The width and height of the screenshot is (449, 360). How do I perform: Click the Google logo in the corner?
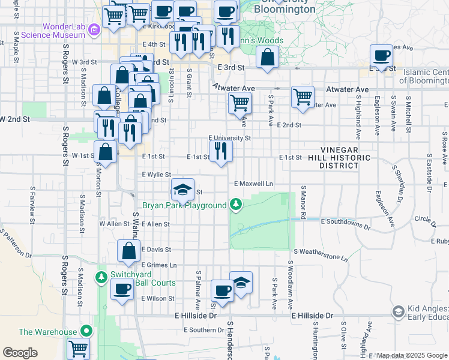point(20,353)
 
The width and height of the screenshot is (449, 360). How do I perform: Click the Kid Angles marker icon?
point(397,311)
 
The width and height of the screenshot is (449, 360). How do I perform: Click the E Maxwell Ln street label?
point(253,183)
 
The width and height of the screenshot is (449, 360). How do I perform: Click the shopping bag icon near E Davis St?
point(128,251)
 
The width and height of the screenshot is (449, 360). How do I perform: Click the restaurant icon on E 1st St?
point(221,151)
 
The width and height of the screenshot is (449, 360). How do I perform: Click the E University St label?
point(229,138)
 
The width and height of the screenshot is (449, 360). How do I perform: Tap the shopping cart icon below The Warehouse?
point(79,347)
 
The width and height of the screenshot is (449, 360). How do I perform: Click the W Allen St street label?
point(110,224)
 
